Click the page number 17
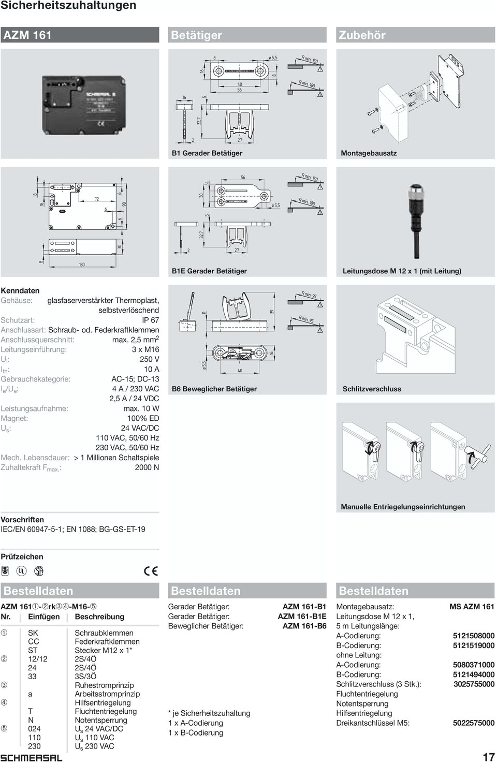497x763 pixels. pos(488,756)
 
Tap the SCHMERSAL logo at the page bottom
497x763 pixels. pos(31,757)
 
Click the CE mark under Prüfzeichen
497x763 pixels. pos(151,571)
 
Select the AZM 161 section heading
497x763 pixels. pos(28,35)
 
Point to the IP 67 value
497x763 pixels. pos(148,320)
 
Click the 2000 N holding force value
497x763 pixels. pos(147,467)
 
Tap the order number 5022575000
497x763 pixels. pos(473,723)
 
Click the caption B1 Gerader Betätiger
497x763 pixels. pos(207,153)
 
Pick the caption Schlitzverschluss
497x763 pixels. pos(372,389)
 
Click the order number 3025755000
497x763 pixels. pos(473,684)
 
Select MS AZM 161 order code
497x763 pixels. pos(472,607)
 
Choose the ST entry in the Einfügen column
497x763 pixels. pos(33,650)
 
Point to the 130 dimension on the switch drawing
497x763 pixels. pos(82,265)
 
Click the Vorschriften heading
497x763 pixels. pos(22,519)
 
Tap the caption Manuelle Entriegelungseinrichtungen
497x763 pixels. pos(403,507)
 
